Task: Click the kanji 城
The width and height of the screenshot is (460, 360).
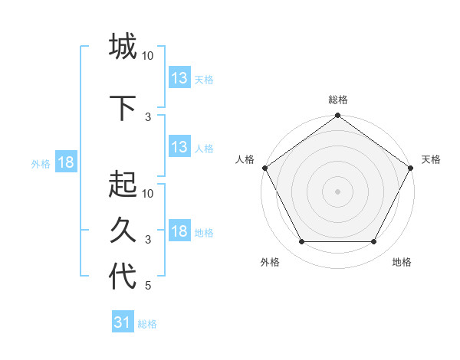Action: click(123, 47)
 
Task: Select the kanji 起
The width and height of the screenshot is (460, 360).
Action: click(123, 185)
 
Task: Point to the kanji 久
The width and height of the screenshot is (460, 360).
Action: click(123, 231)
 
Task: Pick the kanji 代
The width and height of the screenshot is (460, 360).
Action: click(123, 277)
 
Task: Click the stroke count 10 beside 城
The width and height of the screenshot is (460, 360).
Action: click(148, 56)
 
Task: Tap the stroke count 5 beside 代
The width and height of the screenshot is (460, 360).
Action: click(148, 286)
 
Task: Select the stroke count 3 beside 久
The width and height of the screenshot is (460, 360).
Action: click(148, 240)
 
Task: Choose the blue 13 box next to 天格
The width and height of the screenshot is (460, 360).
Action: click(179, 78)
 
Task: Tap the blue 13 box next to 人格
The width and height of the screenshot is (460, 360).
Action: click(179, 147)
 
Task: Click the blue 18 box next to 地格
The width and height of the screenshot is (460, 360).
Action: click(179, 231)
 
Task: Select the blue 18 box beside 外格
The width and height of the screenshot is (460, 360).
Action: click(66, 162)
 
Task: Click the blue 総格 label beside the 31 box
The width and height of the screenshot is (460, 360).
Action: click(147, 324)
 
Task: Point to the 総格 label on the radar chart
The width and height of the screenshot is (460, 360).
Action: click(338, 100)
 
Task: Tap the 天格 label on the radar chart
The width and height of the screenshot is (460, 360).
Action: click(431, 159)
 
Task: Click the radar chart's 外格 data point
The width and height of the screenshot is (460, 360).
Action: click(301, 242)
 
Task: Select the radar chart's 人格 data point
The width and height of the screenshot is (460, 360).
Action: click(264, 168)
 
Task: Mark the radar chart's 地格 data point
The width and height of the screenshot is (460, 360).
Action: click(374, 242)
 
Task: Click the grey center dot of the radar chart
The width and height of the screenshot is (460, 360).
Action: click(338, 191)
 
